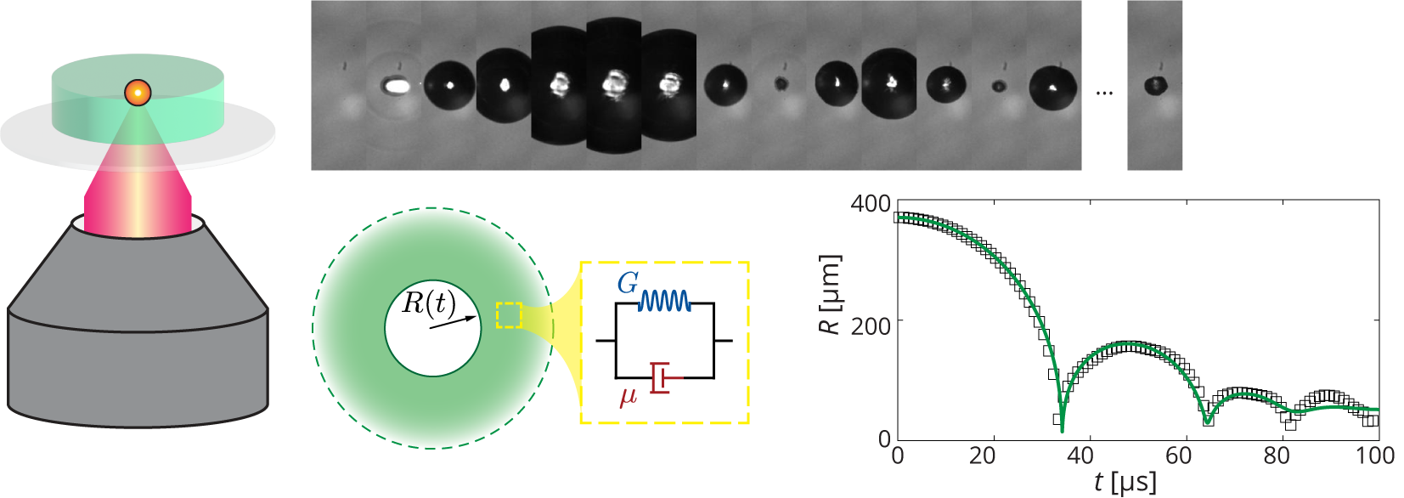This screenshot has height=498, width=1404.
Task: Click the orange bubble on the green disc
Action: point(138,92)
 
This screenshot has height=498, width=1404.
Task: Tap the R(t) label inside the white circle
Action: point(428,303)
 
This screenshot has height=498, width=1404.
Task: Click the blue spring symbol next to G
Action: point(665,301)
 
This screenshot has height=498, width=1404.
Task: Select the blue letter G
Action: point(627,284)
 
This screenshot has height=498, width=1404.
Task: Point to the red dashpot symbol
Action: point(665,377)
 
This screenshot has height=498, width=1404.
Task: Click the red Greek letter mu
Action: point(629,395)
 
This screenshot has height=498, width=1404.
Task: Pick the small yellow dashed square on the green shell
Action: point(509,314)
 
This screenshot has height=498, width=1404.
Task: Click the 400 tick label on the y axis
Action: point(871,204)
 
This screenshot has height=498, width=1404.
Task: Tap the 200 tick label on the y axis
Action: point(871,326)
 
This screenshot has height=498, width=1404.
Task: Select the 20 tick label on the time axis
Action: point(982,456)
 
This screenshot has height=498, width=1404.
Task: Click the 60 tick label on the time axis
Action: point(1178,456)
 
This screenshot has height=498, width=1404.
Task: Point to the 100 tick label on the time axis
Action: point(1374,456)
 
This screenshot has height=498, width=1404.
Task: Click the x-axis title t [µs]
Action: point(1125,483)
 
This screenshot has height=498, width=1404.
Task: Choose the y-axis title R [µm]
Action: point(830,294)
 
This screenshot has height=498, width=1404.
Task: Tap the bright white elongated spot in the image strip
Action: point(395,85)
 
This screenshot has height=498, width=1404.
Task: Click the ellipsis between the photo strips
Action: point(1104,92)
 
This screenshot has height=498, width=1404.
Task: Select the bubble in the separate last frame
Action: point(1155,85)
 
